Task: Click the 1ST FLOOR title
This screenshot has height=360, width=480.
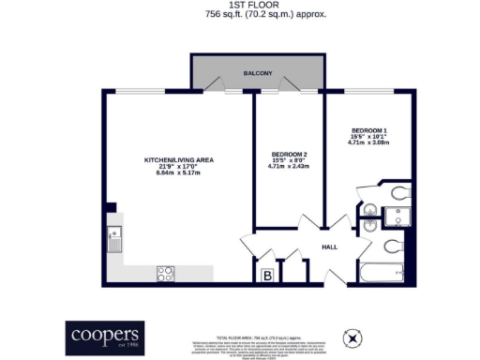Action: (x=239, y=5)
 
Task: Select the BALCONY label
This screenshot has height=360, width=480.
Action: (x=259, y=73)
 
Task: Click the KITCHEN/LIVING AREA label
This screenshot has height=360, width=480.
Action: (x=178, y=159)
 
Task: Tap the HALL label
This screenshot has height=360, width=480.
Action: (x=329, y=247)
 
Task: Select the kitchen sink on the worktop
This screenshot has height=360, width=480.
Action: (x=115, y=241)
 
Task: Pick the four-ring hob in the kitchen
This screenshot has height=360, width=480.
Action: (x=165, y=273)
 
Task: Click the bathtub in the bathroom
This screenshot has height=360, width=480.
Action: (x=384, y=273)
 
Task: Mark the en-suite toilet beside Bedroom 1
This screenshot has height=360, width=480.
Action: (x=398, y=194)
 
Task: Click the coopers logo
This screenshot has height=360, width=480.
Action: (x=105, y=334)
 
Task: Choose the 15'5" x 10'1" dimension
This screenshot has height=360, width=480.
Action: (x=370, y=137)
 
